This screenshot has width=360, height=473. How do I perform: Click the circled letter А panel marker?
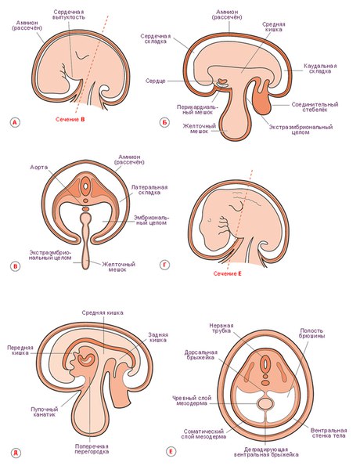click(14, 122)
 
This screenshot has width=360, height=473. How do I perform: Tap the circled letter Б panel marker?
click(164, 122)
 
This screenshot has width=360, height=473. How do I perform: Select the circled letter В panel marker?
click(15, 266)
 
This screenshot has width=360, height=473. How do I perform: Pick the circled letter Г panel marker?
click(164, 265)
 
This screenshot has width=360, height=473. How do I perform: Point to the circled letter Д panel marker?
click(16, 453)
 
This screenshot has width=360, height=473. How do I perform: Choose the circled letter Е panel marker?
click(171, 452)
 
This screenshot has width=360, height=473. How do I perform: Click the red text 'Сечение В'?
click(70, 119)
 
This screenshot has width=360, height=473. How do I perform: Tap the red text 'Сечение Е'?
click(228, 273)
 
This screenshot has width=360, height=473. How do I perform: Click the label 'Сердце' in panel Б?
click(156, 81)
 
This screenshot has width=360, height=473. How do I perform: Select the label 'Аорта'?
click(39, 167)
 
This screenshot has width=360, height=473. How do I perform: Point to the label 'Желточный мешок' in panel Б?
click(200, 128)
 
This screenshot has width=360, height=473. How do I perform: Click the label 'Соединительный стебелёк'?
click(315, 107)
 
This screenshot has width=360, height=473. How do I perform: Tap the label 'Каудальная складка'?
click(320, 68)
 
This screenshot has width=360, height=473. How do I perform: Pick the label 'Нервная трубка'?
click(221, 328)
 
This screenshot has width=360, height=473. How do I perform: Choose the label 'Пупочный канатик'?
click(45, 412)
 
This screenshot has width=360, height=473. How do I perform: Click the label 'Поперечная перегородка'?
click(92, 449)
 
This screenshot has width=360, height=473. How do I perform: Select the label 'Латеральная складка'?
click(149, 190)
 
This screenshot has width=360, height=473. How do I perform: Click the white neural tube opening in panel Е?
click(265, 364)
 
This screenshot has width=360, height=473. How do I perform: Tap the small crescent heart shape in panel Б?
click(223, 81)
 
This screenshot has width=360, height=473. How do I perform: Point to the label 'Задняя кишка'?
click(157, 338)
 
